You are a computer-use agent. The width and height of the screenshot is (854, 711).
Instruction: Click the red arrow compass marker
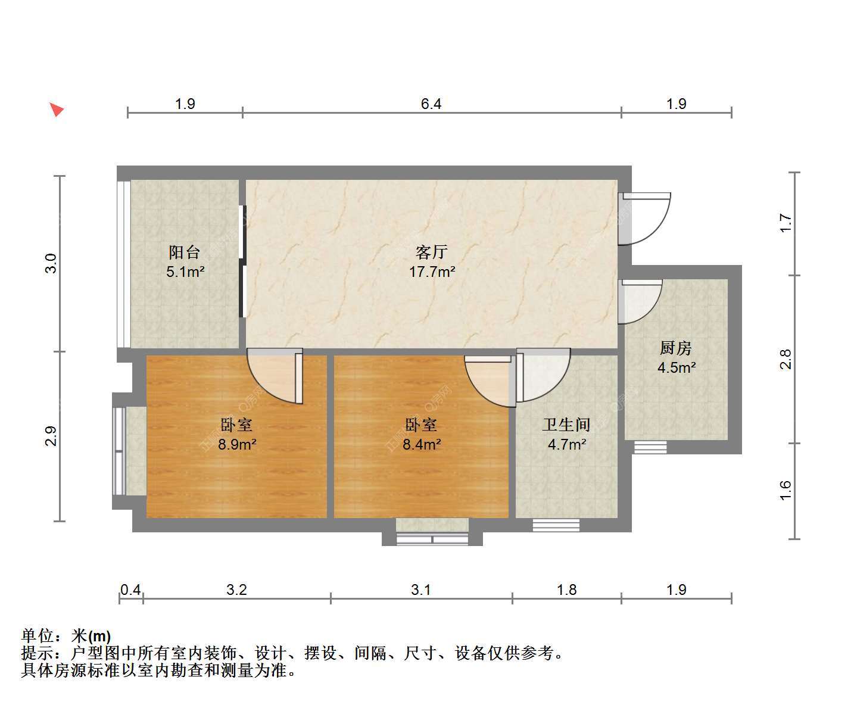click(57, 109)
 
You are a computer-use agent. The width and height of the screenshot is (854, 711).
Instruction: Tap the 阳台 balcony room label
click(185, 252)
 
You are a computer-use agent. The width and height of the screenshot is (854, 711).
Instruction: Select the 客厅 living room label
click(432, 252)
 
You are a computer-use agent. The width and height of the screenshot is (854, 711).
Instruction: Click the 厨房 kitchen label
click(676, 348)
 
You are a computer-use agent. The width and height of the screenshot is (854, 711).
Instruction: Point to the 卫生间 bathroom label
click(566, 425)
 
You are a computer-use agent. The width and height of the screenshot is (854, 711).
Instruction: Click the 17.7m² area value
click(432, 272)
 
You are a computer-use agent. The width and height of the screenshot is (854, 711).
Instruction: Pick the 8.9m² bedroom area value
click(237, 444)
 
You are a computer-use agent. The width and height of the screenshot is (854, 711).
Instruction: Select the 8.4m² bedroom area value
click(422, 444)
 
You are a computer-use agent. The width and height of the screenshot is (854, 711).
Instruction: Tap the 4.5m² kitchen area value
click(677, 367)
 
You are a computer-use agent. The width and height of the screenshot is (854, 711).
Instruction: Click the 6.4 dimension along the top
click(431, 104)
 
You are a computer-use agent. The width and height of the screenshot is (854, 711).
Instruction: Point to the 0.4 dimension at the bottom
click(130, 590)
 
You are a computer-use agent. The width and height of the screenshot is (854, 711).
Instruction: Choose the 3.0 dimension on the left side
click(51, 263)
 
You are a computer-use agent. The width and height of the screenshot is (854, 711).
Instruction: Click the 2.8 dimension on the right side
click(786, 360)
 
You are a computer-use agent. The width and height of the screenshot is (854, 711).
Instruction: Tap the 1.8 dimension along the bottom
click(566, 590)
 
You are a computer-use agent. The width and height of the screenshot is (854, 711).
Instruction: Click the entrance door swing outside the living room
click(644, 219)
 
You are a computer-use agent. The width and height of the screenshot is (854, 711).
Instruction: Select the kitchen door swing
click(640, 302)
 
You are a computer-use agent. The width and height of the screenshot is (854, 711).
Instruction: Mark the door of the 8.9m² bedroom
click(275, 376)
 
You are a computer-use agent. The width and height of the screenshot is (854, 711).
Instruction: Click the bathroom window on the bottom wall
click(556, 525)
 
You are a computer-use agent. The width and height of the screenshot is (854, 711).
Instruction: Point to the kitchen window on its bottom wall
click(650, 447)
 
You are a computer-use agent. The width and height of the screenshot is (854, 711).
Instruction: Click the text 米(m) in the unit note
click(91, 636)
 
